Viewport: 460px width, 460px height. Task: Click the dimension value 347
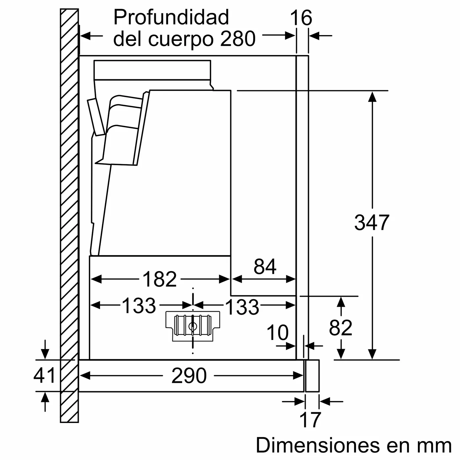pos(372,222)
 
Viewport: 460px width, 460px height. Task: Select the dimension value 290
pos(189,376)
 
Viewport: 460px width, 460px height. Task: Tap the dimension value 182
pos(159,279)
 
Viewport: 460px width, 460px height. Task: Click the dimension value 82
pos(341,327)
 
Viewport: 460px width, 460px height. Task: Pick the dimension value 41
pos(44,375)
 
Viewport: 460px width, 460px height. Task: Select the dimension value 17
pos(310,420)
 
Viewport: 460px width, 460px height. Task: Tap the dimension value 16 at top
pos(301,18)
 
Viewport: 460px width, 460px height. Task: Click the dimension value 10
pos(277,333)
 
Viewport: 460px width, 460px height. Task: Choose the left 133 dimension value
pos(139,306)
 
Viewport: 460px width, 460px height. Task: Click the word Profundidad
pos(171,17)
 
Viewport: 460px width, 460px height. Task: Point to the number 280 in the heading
pos(238,39)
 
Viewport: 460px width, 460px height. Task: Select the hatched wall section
pos(69,216)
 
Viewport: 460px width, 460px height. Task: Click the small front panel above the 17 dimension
pos(312,376)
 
